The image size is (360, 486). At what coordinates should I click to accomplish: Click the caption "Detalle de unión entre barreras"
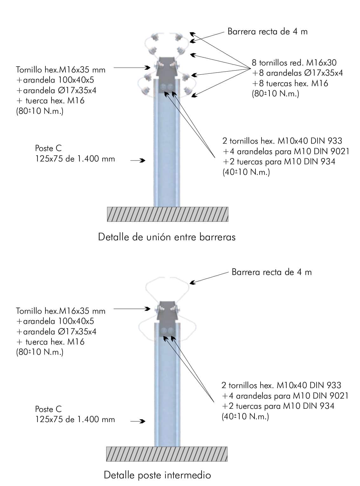tap(166, 237)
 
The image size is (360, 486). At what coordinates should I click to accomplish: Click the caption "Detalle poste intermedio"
tap(157, 475)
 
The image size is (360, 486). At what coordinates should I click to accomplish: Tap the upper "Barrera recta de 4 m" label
tap(268, 31)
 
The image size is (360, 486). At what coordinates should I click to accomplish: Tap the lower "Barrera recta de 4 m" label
tap(272, 272)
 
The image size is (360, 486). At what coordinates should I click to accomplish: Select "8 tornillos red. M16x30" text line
tap(294, 63)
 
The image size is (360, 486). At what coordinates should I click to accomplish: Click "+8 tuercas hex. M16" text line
tap(290, 84)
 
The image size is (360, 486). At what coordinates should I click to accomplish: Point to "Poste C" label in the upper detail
tap(48, 148)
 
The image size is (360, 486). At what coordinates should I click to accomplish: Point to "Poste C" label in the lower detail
tap(48, 409)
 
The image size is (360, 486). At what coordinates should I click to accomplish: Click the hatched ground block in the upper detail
tap(167, 214)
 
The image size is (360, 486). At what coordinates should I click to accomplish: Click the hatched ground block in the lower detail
tap(167, 454)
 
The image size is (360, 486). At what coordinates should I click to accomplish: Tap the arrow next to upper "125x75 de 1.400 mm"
tap(138, 161)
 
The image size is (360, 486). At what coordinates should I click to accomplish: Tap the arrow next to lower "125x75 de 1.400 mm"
tap(138, 421)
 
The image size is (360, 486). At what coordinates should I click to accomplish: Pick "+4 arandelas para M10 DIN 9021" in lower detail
tap(285, 396)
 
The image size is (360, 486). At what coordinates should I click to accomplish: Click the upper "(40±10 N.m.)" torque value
tap(246, 172)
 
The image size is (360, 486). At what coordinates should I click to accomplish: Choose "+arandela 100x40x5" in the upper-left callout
tap(55, 80)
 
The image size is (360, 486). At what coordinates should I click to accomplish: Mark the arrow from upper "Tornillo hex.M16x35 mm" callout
tap(132, 67)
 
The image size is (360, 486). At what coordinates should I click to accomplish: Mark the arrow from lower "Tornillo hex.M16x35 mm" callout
tap(132, 308)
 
